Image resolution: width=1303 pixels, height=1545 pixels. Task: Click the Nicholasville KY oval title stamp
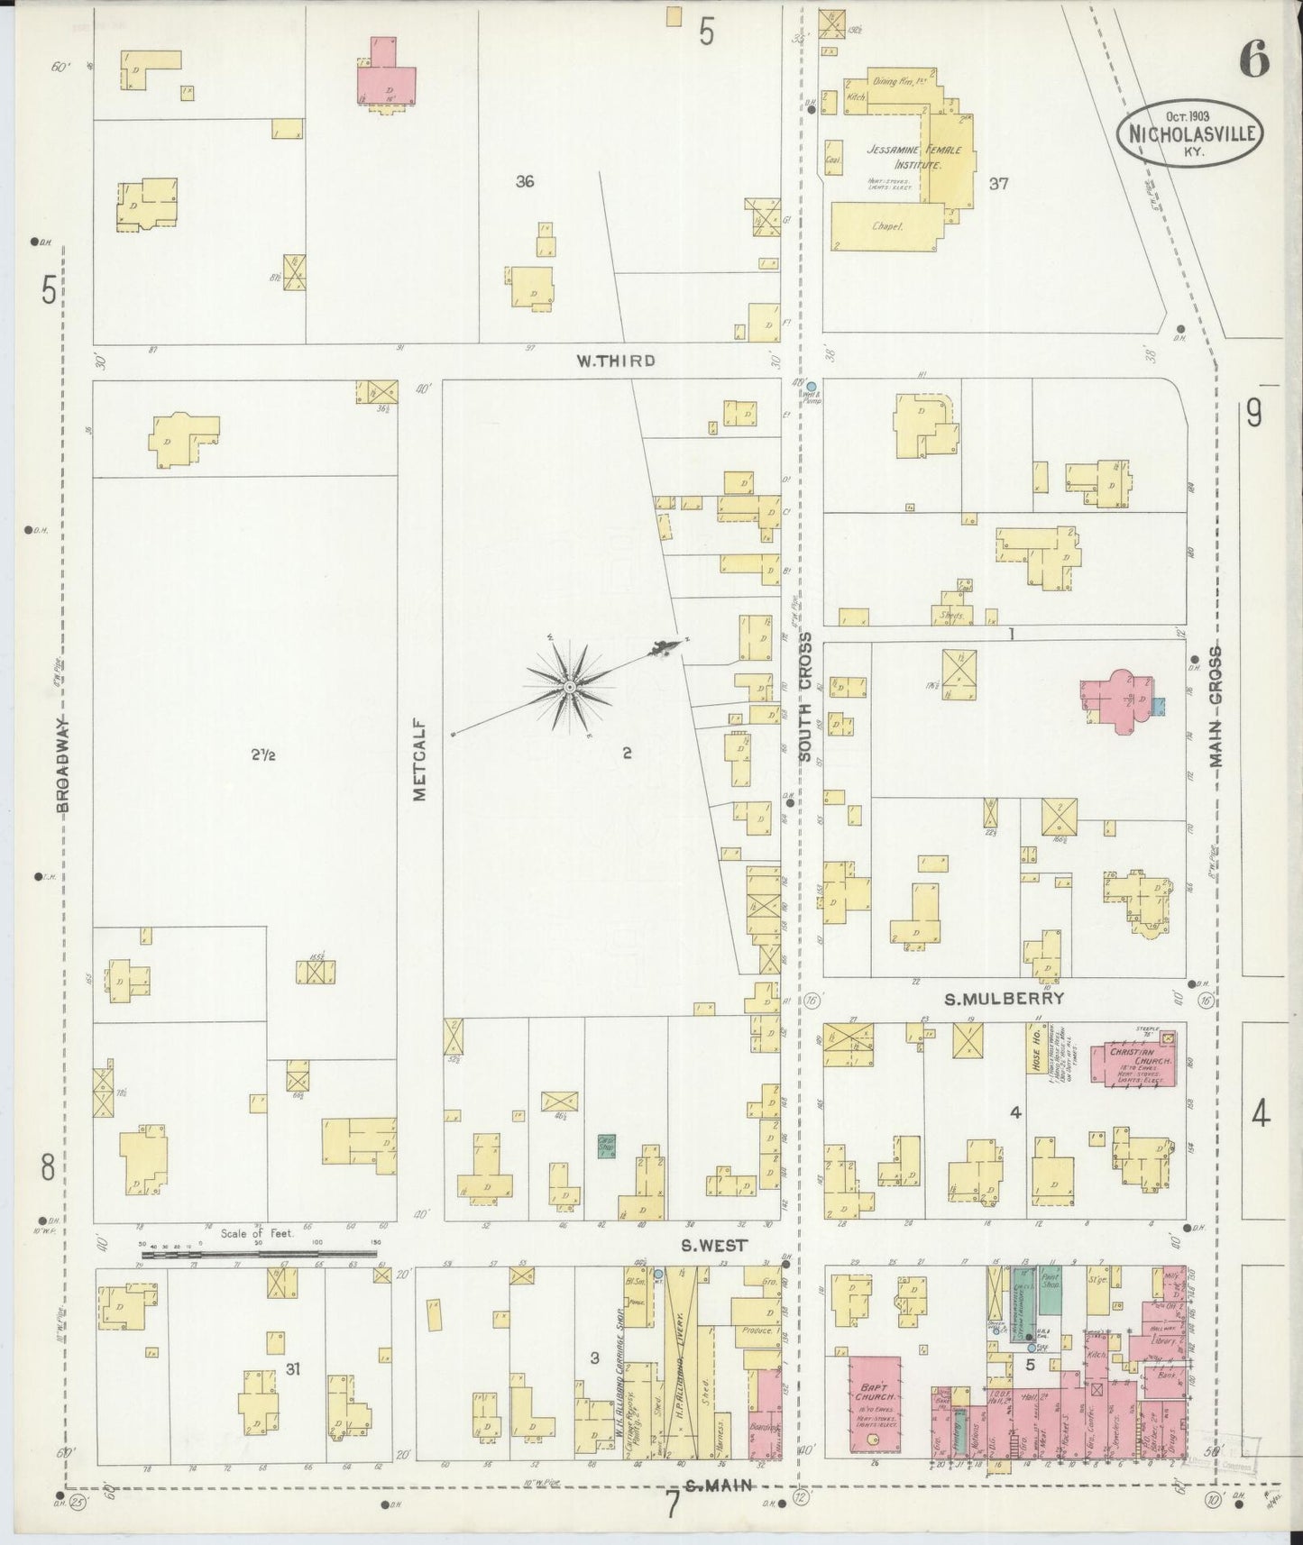point(1189,133)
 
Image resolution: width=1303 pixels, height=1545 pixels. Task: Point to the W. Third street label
point(616,361)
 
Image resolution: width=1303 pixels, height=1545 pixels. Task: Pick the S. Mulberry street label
point(1004,999)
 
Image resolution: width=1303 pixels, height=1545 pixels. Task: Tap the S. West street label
point(713,1246)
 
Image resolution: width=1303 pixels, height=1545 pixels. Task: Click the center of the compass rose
point(569,689)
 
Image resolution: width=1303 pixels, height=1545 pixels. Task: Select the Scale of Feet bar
point(259,1253)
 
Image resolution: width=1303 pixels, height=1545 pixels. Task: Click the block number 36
point(525,181)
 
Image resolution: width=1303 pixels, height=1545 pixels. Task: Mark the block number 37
point(997,184)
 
